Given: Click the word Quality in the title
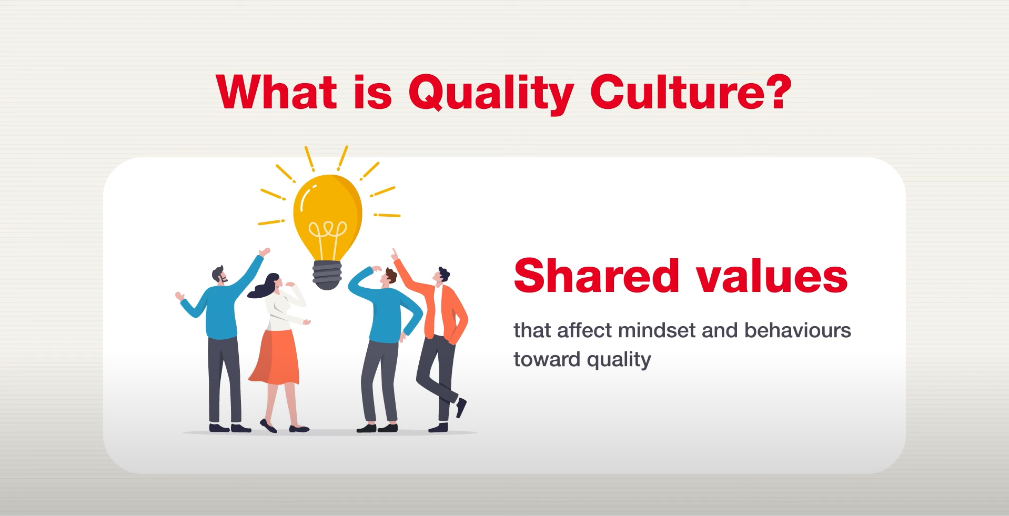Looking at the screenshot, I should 490,93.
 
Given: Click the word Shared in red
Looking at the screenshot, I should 596,276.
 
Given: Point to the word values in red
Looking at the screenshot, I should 772,277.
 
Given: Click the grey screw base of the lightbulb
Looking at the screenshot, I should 327,275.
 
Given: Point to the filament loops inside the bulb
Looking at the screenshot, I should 327,230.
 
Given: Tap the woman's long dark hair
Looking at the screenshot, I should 263,287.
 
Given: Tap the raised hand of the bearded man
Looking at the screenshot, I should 265,252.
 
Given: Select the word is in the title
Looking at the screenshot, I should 372,93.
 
